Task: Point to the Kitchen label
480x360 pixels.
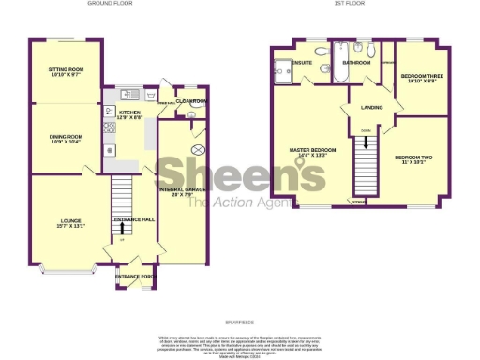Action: pos(129,114)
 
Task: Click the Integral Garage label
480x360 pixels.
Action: pos(183,192)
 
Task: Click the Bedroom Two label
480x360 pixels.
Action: pos(412,157)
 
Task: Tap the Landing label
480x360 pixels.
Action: pos(371,108)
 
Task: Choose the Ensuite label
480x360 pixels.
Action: pos(302,63)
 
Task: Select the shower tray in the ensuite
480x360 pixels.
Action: pos(282,66)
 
